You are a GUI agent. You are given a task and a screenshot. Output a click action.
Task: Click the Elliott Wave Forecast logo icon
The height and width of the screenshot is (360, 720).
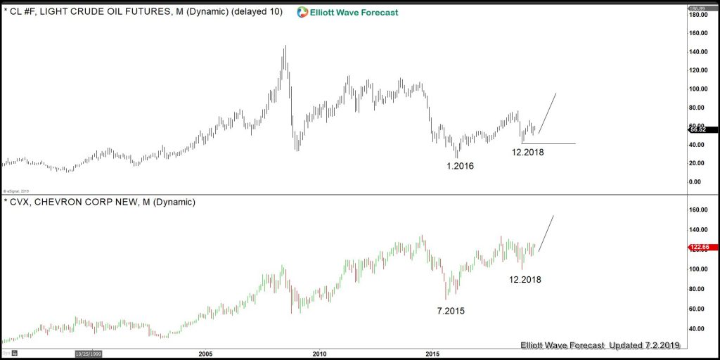pos(302,12)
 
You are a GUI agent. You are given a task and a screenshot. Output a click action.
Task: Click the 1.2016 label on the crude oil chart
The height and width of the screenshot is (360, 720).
pos(460,167)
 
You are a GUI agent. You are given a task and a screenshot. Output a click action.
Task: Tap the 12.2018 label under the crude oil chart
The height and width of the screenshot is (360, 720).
pos(527,152)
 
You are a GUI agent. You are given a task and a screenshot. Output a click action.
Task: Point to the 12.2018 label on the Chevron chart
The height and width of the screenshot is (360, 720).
pos(525,279)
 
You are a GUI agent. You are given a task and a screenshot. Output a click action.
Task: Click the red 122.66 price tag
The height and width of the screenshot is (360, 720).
pos(702,247)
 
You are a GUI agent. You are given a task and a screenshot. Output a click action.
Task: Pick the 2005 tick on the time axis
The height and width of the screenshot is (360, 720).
pos(205,354)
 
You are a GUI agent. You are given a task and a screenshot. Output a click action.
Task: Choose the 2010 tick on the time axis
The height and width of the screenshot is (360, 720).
pos(319,354)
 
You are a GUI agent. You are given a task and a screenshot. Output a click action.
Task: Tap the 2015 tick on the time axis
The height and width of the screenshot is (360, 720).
pos(432,354)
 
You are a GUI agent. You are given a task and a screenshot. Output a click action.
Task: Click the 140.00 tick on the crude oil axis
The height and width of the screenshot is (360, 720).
pos(698,52)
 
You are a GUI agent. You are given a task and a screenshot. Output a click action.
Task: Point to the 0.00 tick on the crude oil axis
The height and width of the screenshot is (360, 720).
pos(695,182)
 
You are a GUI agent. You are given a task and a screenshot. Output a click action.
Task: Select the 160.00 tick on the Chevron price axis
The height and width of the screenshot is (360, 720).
pos(698,210)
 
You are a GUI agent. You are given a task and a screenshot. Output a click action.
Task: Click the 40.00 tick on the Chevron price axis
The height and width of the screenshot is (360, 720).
pos(696,329)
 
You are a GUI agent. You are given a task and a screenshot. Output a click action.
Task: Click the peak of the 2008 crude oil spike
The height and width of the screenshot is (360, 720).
pos(285,46)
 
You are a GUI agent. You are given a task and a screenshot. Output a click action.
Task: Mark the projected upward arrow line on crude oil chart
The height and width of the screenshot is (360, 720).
pos(548,112)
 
